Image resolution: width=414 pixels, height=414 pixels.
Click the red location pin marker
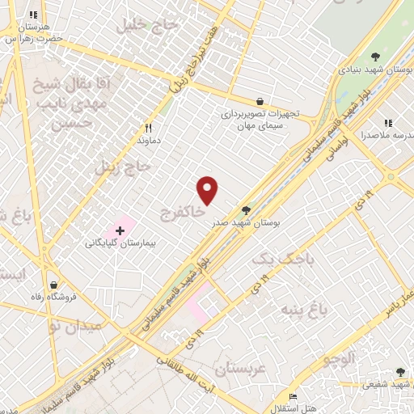pos(208,189)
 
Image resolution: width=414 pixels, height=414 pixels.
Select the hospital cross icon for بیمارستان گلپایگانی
pos(120,230)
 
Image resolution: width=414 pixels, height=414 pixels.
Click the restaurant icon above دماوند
pos(148,128)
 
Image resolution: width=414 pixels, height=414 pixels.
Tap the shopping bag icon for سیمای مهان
pos(260,101)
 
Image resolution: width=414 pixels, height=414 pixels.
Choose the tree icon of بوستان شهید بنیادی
pos(375,56)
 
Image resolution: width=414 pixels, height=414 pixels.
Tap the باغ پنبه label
pos(305,309)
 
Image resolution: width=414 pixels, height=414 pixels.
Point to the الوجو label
pos(337,358)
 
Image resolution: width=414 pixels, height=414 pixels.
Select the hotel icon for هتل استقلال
pos(293,395)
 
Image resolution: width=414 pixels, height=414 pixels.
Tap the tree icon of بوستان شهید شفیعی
pos(400,373)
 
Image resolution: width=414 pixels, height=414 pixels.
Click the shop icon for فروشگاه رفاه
pos(54,285)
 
